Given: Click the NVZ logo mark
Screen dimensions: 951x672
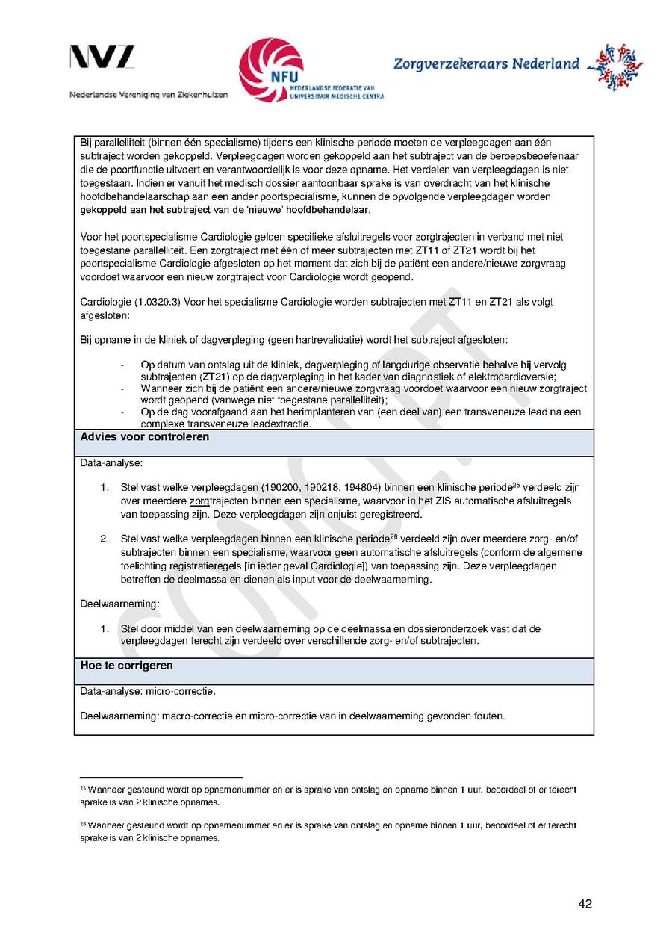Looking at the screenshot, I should (x=102, y=58).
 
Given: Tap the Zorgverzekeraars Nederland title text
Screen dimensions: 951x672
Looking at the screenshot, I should (x=486, y=63).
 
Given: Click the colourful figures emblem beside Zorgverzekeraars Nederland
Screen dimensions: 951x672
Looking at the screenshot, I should (x=615, y=66).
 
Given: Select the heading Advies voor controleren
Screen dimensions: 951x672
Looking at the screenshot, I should (x=145, y=437).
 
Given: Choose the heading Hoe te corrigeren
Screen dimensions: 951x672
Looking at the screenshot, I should (x=126, y=665).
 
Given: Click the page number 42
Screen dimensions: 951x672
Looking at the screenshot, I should (x=585, y=904).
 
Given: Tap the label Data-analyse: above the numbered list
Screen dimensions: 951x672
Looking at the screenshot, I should (x=106, y=464).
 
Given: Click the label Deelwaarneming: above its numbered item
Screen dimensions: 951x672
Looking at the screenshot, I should (x=109, y=604).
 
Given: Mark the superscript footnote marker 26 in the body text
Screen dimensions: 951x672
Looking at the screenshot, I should (x=393, y=537).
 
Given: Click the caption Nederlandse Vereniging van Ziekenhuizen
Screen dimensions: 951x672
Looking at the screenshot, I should (x=149, y=96).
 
